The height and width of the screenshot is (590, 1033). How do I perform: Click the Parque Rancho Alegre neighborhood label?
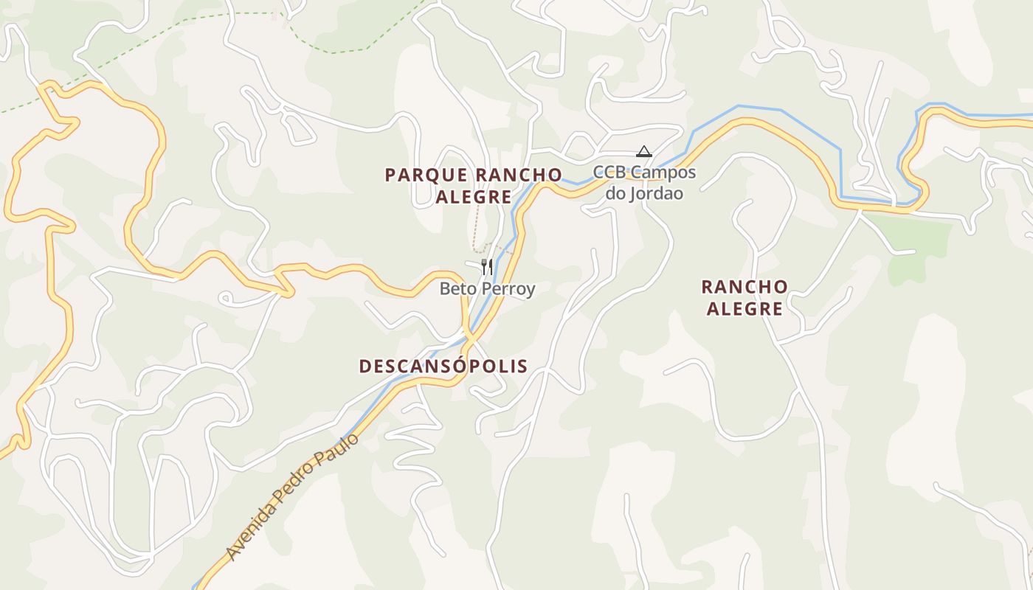[473, 186]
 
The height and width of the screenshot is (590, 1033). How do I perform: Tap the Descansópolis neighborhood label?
[443, 367]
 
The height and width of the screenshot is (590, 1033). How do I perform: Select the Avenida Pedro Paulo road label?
[293, 496]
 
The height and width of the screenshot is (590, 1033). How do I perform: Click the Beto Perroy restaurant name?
[487, 288]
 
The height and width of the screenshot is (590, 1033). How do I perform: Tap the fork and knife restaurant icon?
[487, 266]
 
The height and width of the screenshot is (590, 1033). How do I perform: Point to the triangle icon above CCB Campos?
[644, 152]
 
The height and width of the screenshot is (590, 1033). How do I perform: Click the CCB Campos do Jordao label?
[645, 183]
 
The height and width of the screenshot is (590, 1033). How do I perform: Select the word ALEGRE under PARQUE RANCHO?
[473, 198]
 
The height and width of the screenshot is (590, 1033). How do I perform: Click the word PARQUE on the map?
[426, 176]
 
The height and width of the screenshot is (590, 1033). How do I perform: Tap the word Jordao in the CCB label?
[650, 194]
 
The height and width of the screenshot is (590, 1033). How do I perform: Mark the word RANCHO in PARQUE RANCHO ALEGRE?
[517, 176]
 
